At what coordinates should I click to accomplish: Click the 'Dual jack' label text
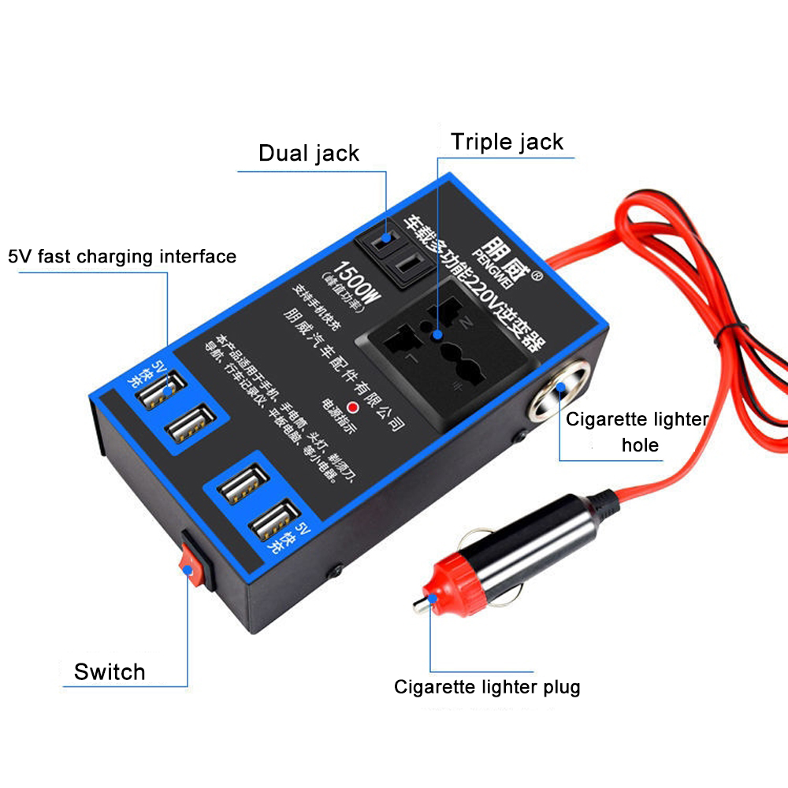click(309, 153)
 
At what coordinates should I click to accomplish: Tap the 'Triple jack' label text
click(507, 143)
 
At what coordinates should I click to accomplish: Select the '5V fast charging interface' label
click(122, 256)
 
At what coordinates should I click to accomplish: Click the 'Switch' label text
click(110, 672)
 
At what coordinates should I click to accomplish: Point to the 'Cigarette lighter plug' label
click(487, 687)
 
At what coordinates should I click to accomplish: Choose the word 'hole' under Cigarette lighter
click(640, 444)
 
